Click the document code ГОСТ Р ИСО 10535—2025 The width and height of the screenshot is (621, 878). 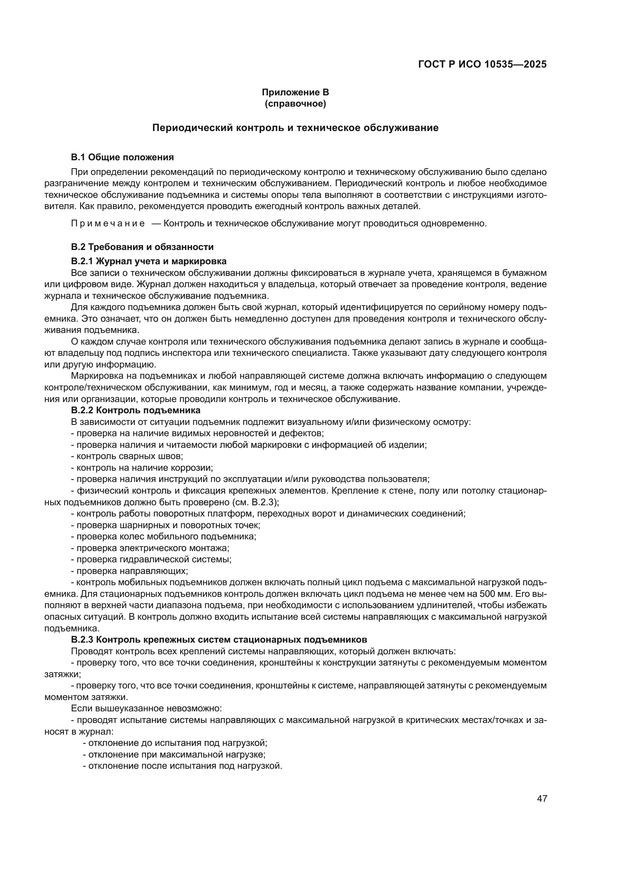(482, 64)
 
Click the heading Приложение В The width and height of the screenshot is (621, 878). (295, 92)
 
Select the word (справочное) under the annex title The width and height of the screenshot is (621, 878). (295, 104)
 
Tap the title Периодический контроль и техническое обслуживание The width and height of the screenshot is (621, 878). (295, 128)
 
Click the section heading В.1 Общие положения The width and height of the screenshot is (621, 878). (122, 157)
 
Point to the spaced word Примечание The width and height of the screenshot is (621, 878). (108, 223)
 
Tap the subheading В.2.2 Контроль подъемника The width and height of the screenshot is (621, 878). (136, 410)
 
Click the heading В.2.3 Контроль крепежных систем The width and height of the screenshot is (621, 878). (219, 639)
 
